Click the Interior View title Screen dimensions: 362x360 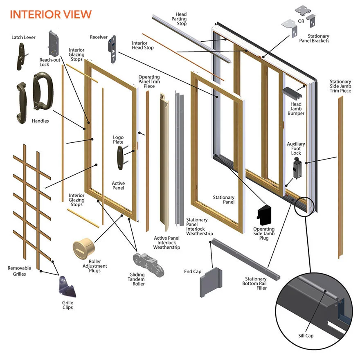[x=50, y=14]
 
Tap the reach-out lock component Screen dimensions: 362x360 [x=54, y=43]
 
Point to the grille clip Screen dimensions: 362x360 [x=67, y=286]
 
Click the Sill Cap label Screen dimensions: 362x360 [x=306, y=336]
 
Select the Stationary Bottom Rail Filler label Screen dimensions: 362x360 [x=256, y=283]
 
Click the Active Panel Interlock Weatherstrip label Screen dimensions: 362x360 [x=166, y=243]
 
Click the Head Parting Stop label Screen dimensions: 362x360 [x=181, y=19]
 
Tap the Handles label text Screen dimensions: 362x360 [x=40, y=121]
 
